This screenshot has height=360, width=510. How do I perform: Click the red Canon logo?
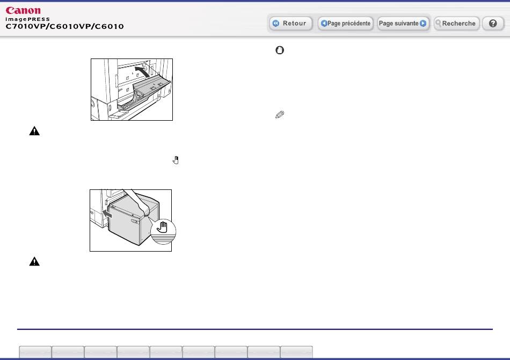23,11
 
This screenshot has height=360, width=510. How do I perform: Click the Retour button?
291,24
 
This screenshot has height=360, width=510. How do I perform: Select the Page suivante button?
403,24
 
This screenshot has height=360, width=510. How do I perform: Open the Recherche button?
457,24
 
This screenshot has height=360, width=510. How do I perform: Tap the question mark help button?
493,24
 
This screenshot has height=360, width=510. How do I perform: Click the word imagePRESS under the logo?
27,19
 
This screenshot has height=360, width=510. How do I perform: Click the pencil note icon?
280,114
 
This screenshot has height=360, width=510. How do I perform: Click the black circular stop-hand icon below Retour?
280,50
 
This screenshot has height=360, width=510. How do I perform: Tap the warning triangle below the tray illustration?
34,131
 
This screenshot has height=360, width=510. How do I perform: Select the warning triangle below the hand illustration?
34,262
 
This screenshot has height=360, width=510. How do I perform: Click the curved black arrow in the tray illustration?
143,72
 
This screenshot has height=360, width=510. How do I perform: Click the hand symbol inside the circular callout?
162,227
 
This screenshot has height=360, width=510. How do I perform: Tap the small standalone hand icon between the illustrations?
176,160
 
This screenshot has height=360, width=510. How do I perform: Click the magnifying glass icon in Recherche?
438,23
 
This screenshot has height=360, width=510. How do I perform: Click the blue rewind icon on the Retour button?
276,24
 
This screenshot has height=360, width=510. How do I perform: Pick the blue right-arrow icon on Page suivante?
423,24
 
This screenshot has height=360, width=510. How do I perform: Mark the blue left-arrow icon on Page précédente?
324,24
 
